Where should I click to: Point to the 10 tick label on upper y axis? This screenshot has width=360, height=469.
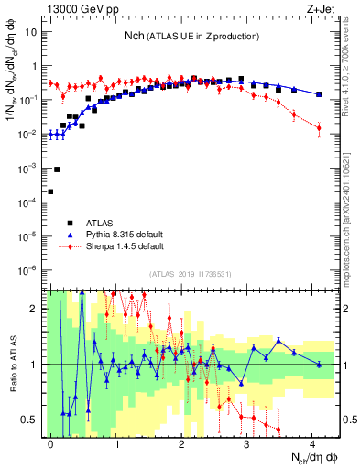click(30, 32)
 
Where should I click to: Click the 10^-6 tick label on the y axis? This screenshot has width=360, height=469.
click(27, 270)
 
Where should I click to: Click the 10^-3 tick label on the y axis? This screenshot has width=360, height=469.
click(27, 169)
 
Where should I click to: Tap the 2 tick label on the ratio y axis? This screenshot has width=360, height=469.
click(33, 309)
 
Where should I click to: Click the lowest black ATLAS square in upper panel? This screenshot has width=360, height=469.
click(50, 191)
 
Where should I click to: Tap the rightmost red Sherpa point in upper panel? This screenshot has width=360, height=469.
click(318, 128)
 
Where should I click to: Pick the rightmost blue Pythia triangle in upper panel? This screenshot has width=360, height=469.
click(318, 94)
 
